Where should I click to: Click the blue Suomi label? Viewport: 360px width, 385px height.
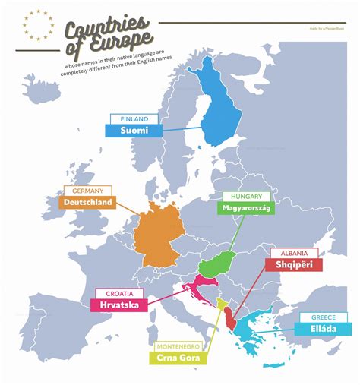134,131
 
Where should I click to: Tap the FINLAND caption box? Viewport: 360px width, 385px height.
134,119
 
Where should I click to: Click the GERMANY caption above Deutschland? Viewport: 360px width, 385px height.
89,191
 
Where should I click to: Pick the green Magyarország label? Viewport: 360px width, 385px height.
246,207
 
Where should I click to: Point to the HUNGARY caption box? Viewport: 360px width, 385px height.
242,196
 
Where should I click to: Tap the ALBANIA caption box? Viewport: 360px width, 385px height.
293,253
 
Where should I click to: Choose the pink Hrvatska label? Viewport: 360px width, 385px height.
120,305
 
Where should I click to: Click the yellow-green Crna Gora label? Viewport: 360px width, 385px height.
182,358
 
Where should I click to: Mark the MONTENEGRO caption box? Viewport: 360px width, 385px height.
180,346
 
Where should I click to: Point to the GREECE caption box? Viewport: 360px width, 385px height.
325,317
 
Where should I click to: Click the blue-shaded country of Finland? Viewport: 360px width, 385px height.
219,106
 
